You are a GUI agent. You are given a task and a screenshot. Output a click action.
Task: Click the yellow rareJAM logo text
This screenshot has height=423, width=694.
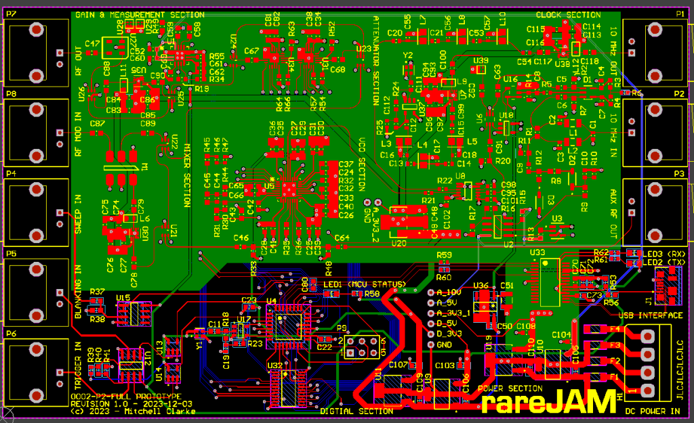tap(550, 403)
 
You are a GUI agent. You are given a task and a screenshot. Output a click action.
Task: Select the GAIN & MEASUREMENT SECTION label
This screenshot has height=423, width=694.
tap(139, 15)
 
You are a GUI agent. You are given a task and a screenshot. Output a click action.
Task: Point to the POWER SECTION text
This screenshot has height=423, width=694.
tap(510, 388)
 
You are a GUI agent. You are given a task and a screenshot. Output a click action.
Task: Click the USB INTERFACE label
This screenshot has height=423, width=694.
tap(651, 315)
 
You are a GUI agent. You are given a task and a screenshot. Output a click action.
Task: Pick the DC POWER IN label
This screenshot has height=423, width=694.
tap(651, 411)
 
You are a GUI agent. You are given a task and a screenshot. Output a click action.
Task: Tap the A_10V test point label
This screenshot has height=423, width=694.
tap(448, 292)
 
